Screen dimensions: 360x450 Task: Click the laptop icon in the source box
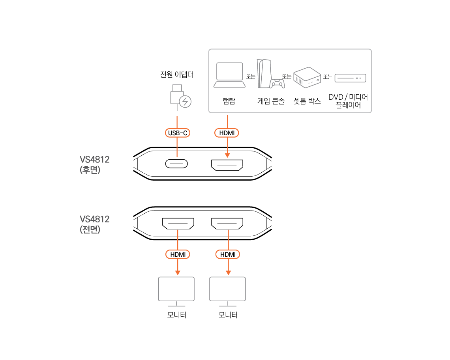click(229, 75)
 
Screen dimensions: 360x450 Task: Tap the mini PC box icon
click(307, 77)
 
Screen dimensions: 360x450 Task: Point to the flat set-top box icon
click(350, 78)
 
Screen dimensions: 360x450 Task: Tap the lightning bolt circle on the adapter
click(185, 102)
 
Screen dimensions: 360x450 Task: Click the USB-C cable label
click(178, 133)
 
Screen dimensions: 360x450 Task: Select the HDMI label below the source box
click(227, 133)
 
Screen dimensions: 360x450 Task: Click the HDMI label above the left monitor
click(178, 254)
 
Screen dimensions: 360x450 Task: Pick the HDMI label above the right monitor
click(228, 254)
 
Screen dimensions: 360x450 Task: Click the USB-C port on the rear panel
click(176, 164)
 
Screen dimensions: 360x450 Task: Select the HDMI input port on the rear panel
click(227, 165)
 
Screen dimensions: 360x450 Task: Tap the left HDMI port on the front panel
click(178, 224)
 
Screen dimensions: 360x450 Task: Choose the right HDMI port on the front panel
click(227, 224)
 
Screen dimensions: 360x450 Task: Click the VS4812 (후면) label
click(94, 165)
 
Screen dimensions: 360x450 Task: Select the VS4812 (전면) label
click(94, 224)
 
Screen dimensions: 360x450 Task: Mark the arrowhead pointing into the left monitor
click(178, 272)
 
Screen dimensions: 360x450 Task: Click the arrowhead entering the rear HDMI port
click(227, 155)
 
